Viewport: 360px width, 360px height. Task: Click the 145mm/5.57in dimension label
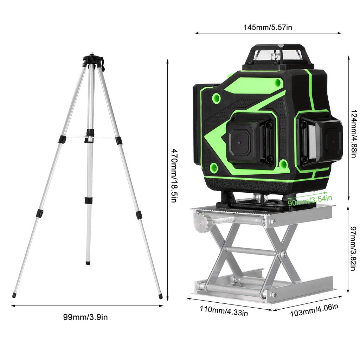point(268,27)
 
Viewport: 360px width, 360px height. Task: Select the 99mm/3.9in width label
point(85,317)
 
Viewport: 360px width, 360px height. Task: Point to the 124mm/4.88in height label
point(353,134)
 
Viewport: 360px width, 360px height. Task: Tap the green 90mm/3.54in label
point(309,201)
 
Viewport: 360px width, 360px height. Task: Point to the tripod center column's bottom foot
point(88,262)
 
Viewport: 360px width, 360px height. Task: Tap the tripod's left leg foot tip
point(14,295)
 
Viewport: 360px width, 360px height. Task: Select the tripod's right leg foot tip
point(161,297)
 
